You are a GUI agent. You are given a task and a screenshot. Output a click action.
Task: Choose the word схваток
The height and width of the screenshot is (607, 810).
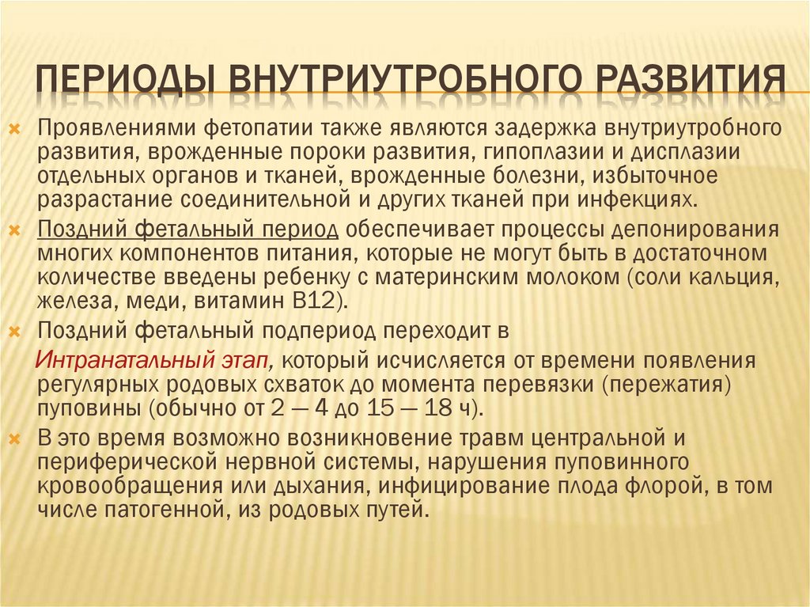[342, 384]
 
